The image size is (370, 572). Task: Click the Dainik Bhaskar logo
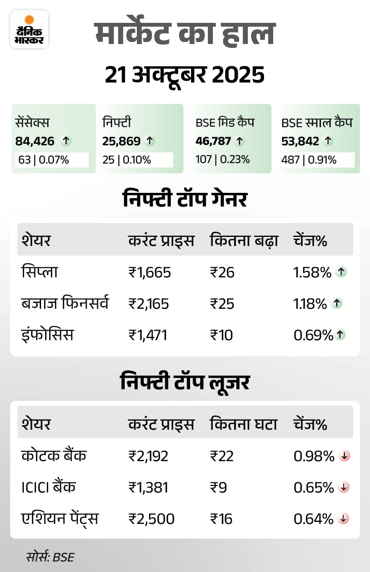tap(29, 29)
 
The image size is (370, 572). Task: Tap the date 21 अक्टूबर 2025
tap(184, 75)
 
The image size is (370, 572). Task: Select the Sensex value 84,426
tap(34, 141)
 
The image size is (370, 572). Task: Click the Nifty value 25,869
tap(122, 141)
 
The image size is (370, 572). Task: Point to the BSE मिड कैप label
tap(225, 122)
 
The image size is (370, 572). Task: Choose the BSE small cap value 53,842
tap(300, 141)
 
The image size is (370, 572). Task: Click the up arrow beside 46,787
tap(240, 141)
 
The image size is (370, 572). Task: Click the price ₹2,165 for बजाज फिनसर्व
tap(149, 304)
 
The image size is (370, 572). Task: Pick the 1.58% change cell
tap(312, 272)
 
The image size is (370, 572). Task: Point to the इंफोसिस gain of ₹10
tap(222, 335)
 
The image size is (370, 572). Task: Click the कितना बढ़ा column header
tap(244, 240)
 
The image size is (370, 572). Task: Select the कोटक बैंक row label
tap(54, 456)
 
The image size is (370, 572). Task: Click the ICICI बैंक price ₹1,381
tap(148, 487)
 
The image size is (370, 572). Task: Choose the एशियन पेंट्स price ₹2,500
tap(151, 519)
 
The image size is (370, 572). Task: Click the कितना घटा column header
tap(243, 424)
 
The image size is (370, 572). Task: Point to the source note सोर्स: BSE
tap(50, 557)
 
